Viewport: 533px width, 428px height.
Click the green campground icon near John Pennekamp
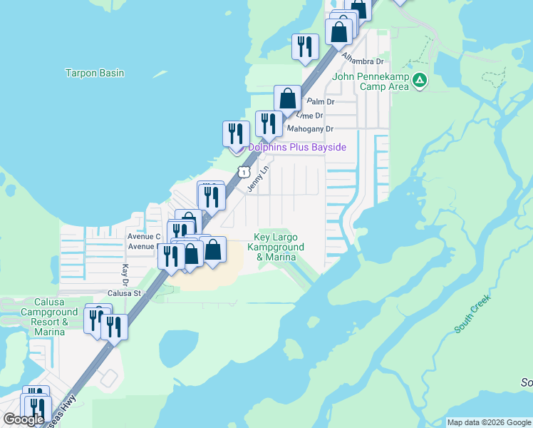tap(420, 81)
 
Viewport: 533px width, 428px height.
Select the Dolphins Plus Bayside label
tap(297, 148)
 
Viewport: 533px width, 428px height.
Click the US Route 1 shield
tap(244, 172)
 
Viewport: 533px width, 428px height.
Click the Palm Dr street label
tap(321, 102)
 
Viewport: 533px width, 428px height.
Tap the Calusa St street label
tap(125, 292)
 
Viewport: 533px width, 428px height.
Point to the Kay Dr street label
tap(125, 272)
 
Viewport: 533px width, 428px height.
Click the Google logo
tap(24, 419)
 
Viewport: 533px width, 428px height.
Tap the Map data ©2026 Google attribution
tap(490, 422)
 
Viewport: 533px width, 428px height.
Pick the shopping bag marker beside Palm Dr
tap(288, 98)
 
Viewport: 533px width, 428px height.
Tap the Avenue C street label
tap(144, 236)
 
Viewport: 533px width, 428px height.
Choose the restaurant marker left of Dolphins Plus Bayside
tap(237, 134)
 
